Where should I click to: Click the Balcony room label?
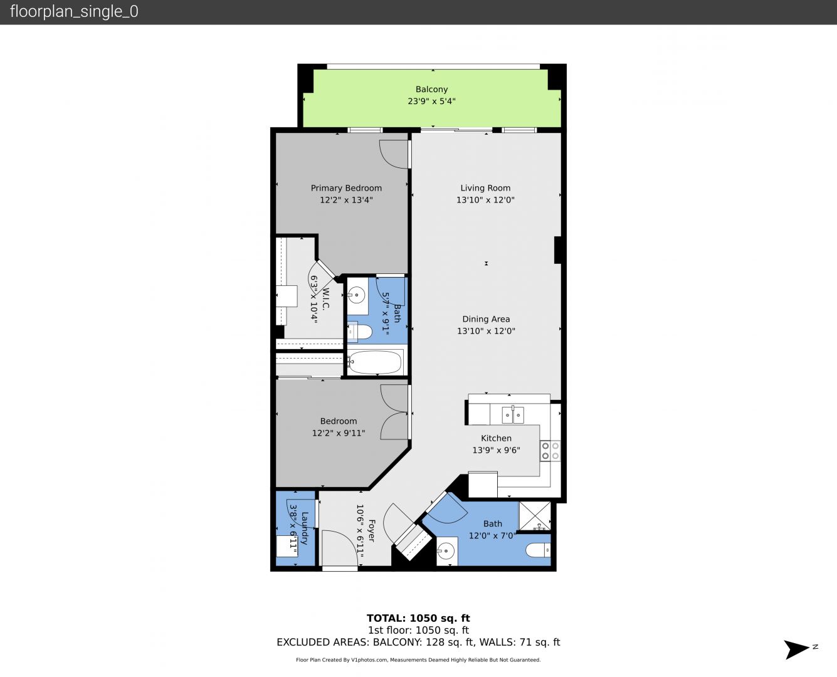coord(431,89)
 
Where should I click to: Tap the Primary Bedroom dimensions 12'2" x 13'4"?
coord(346,200)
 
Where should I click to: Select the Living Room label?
coord(485,188)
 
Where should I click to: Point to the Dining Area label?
coord(486,319)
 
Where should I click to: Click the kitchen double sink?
coord(513,415)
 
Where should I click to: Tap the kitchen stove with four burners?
coord(550,451)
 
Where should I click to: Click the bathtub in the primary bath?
coord(376,362)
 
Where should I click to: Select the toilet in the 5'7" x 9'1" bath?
coord(359,332)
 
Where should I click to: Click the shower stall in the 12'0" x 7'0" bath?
coord(535,516)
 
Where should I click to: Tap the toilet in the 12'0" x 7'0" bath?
coord(539,550)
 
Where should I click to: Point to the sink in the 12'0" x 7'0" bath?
coord(447,551)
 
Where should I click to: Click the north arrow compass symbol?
coord(797,649)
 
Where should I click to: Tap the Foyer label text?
coord(371,530)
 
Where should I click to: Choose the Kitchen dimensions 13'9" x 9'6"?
coord(497,450)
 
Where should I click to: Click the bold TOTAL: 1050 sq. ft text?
coord(418,618)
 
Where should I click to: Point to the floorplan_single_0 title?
coord(74,11)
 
